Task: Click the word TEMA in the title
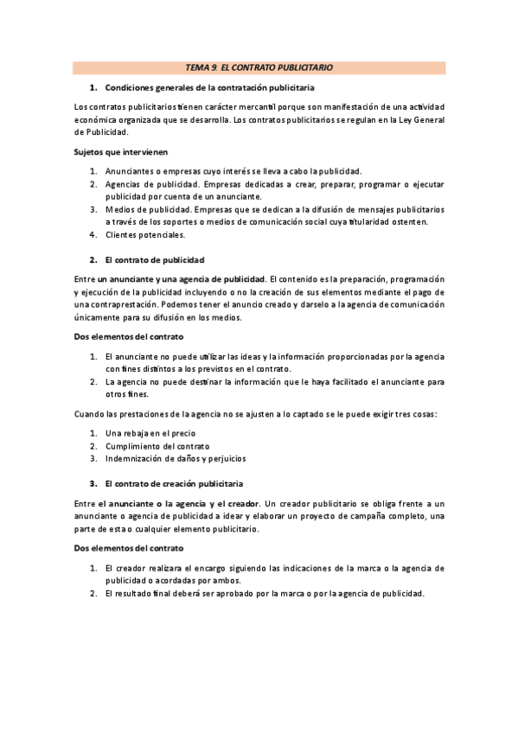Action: tap(198, 67)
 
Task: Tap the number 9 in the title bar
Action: tap(214, 67)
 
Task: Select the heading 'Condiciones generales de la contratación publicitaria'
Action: tap(209, 88)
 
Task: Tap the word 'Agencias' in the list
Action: tap(123, 184)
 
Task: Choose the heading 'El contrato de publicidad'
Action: tap(155, 259)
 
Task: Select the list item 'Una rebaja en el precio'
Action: tap(150, 433)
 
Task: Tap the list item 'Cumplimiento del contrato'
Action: tap(157, 446)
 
